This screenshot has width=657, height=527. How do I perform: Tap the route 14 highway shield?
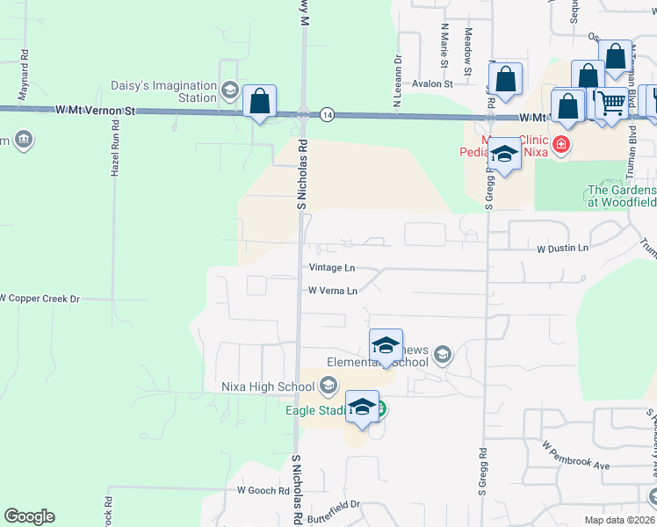tap(327, 114)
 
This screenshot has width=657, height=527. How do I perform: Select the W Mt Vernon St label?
tap(95, 112)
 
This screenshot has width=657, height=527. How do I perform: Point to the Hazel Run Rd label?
tap(114, 153)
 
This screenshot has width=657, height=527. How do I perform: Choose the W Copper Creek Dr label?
tap(40, 299)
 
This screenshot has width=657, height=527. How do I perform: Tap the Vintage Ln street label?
tap(332, 268)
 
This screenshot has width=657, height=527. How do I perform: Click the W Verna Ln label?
tap(333, 291)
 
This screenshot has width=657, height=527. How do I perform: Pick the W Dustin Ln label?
tap(563, 249)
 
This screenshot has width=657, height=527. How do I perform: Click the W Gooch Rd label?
tap(264, 490)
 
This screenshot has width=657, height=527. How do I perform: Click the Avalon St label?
tap(434, 84)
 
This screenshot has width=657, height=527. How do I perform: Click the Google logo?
tap(29, 516)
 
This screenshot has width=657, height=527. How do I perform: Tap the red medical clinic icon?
tap(560, 143)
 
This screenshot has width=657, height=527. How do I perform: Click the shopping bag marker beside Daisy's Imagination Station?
tap(260, 102)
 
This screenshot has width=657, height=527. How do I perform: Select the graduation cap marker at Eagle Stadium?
tap(362, 408)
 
